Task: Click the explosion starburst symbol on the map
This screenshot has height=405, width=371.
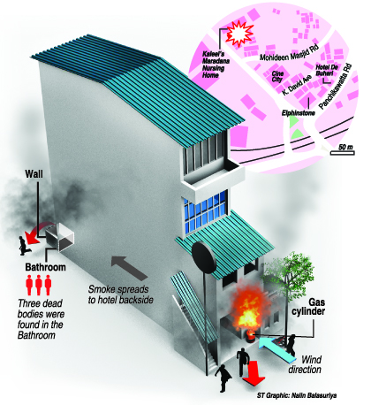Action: click(239, 34)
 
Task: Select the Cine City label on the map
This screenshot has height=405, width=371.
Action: click(277, 76)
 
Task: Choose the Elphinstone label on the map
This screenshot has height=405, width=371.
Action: click(299, 113)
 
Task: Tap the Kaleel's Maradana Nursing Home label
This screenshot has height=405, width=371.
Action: click(216, 65)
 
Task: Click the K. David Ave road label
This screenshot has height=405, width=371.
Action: click(296, 85)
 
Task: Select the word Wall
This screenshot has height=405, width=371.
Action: click(34, 173)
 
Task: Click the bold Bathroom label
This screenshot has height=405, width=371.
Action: click(45, 267)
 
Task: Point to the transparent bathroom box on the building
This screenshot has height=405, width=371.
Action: click(60, 238)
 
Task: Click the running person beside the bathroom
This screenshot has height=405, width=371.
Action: click(25, 246)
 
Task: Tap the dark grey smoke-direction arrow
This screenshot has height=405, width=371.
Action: click(129, 268)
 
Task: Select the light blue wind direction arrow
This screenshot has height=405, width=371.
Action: click(276, 350)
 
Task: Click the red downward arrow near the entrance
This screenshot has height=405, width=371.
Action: click(254, 373)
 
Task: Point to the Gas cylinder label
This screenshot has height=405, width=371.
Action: click(308, 307)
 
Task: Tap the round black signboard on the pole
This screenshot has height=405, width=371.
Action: click(203, 255)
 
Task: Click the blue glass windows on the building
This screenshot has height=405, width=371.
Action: click(206, 213)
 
